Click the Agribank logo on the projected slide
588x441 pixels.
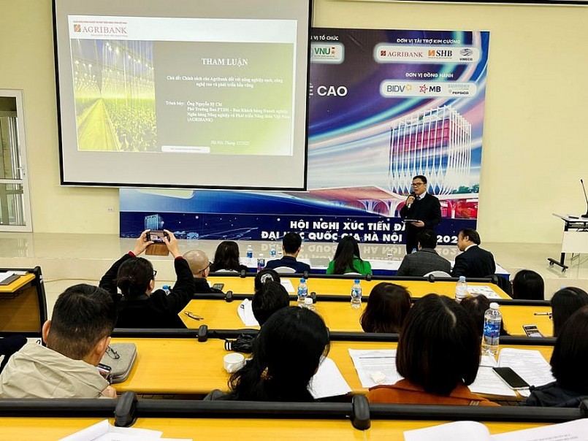100,29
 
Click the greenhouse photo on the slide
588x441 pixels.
113,95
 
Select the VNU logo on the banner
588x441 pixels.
327,52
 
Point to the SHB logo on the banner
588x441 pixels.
440,53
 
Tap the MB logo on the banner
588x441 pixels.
430,88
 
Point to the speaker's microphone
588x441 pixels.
411,197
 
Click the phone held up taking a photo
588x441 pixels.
156,236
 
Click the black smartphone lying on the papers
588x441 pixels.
510,377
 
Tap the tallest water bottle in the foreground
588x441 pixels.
492,329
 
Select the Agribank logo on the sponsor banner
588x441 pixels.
402,53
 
